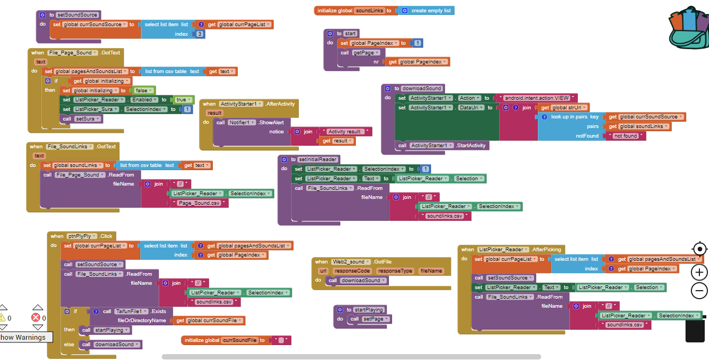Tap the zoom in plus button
point(699,272)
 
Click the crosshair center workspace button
point(699,249)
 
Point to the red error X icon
point(36,317)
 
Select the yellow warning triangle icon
point(2,317)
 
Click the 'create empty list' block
point(431,11)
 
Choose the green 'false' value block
point(141,91)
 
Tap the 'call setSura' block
point(82,119)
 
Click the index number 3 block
point(200,34)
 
